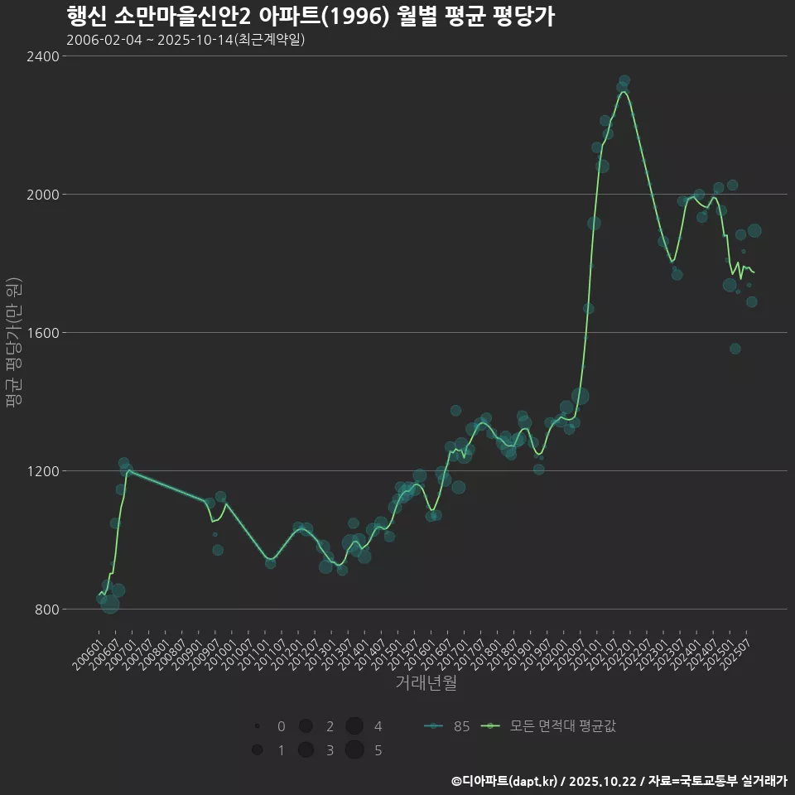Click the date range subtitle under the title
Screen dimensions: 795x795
[185, 40]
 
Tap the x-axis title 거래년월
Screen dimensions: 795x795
[426, 683]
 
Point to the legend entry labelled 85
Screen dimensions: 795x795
[447, 727]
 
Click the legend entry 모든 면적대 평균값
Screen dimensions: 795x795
[551, 727]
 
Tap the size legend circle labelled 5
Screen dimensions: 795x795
[354, 750]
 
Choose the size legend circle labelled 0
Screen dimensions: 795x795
[258, 726]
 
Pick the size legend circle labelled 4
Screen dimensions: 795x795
[354, 726]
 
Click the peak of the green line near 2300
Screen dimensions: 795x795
[624, 92]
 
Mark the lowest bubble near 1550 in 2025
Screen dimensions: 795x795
[735, 349]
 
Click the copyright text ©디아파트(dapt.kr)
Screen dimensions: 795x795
[506, 781]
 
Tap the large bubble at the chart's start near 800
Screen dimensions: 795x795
[110, 605]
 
